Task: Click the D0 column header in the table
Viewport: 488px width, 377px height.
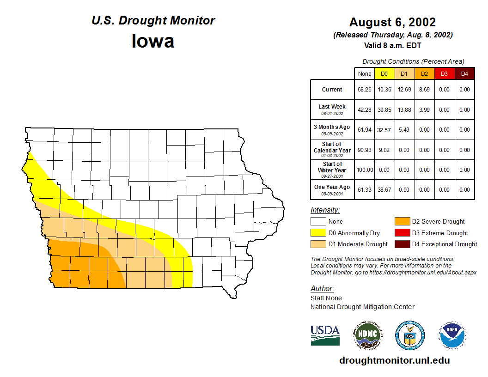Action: pyautogui.click(x=384, y=73)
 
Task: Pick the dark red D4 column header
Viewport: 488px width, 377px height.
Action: pyautogui.click(x=464, y=73)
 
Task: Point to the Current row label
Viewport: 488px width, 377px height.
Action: pyautogui.click(x=332, y=90)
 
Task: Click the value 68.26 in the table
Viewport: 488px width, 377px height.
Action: pyautogui.click(x=365, y=90)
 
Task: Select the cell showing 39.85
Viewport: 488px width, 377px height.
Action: pyautogui.click(x=384, y=110)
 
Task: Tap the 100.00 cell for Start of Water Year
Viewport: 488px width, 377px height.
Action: pyautogui.click(x=365, y=170)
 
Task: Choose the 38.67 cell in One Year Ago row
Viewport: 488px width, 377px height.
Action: pyautogui.click(x=384, y=190)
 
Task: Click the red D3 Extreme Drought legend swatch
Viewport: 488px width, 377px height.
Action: pyautogui.click(x=402, y=233)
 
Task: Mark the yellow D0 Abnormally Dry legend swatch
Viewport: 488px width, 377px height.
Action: pyautogui.click(x=318, y=233)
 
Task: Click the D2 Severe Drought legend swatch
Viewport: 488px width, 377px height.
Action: pyautogui.click(x=402, y=222)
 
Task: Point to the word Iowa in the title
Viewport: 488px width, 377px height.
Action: pyautogui.click(x=153, y=41)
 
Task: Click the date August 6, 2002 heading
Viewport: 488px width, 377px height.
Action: pyautogui.click(x=392, y=22)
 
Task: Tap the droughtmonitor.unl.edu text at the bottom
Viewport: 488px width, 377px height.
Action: pyautogui.click(x=394, y=360)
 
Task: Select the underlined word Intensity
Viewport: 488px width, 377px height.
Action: pyautogui.click(x=325, y=210)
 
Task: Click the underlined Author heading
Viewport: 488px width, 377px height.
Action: pyautogui.click(x=322, y=289)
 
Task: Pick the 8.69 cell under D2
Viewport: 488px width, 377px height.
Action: pyautogui.click(x=424, y=90)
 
